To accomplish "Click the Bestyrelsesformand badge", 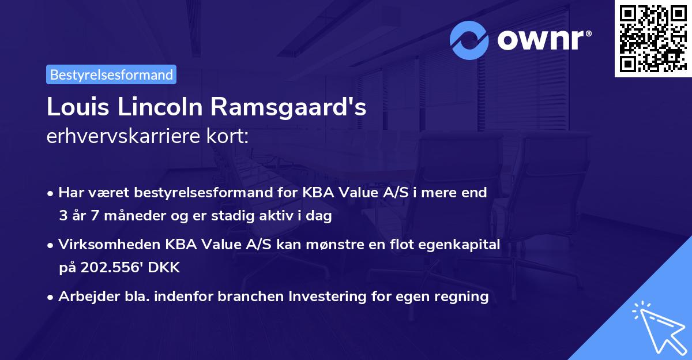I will [111, 74].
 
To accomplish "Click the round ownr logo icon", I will [469, 40].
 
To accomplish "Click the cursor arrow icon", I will [657, 326].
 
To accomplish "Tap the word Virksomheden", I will [101, 245].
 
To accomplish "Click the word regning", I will [464, 297].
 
